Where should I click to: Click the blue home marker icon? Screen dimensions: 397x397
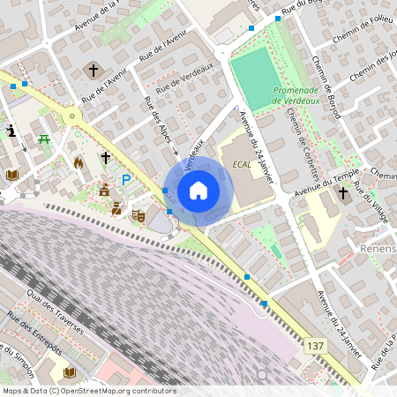click(x=198, y=190)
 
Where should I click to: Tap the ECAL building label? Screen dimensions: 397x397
click(x=243, y=165)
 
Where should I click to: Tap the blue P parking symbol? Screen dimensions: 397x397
click(x=126, y=180)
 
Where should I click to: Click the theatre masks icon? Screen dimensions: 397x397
click(x=139, y=214)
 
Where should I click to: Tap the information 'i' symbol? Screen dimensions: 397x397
click(x=11, y=131)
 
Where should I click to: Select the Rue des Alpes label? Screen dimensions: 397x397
click(x=160, y=128)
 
